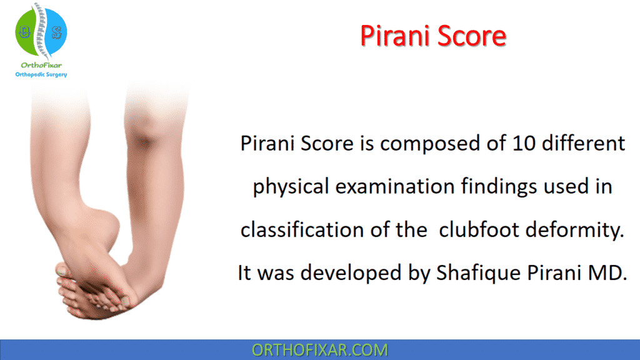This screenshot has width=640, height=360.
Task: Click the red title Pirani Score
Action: tap(433, 36)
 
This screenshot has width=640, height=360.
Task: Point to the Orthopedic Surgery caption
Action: tap(41, 74)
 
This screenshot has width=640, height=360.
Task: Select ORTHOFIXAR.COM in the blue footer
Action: tap(319, 350)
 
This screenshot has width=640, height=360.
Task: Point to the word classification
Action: tap(302, 230)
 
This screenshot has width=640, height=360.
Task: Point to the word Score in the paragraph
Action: tap(329, 144)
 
